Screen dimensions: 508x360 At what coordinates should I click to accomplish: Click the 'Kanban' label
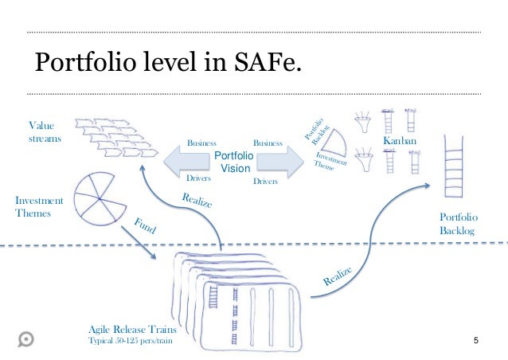pos(399,140)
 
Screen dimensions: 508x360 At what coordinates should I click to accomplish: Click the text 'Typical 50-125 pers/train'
pos(129,342)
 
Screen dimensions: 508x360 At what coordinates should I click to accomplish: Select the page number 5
pos(475,342)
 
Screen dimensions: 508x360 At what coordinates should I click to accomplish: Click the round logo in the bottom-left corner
pos(26,338)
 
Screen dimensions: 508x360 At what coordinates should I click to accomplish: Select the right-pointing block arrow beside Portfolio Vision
pos(283,162)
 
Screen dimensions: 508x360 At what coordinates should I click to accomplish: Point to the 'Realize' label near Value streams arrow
pos(197,202)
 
